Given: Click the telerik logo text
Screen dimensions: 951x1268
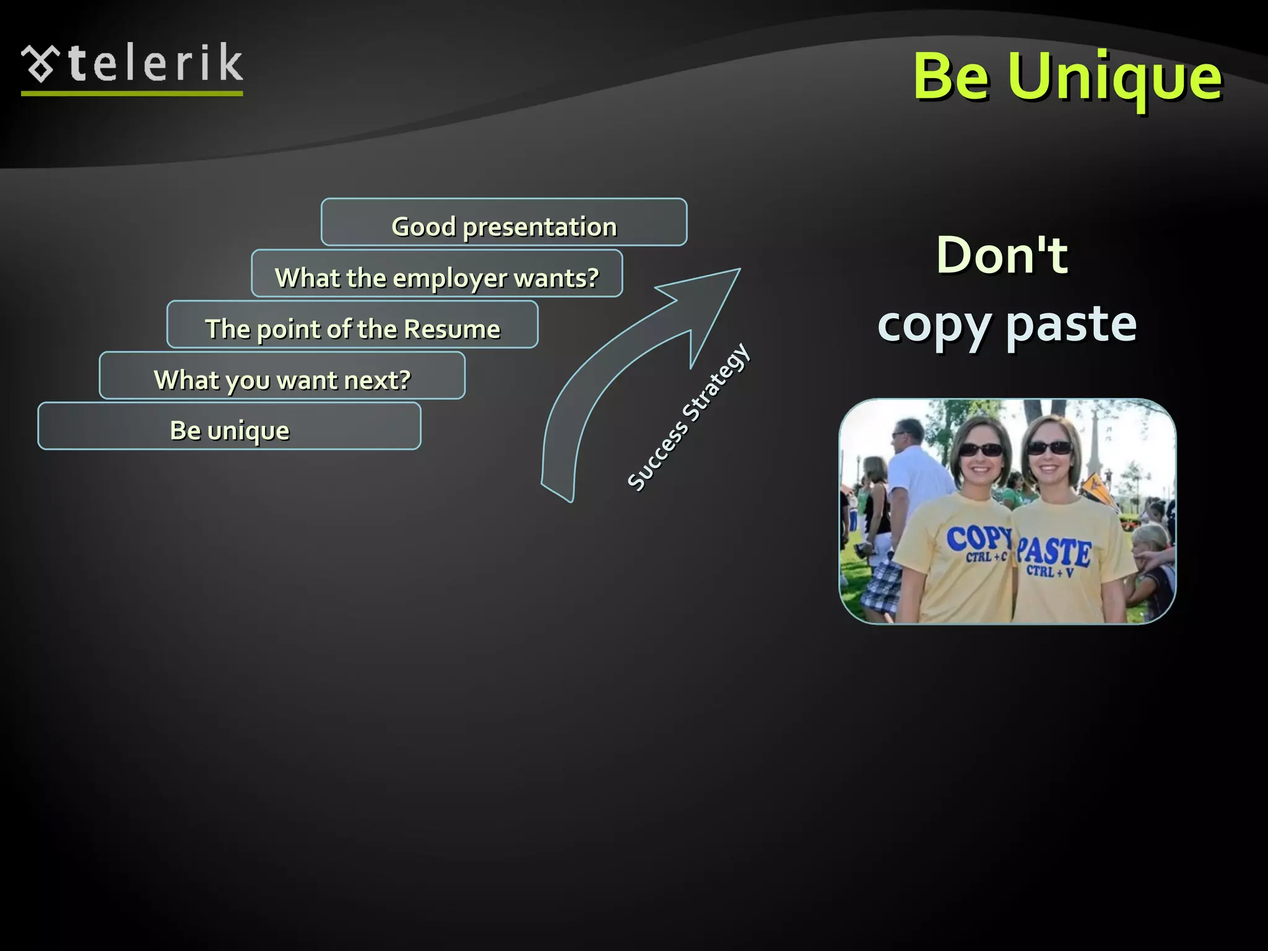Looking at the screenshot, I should [x=155, y=64].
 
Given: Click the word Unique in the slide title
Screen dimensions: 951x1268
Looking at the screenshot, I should [x=1114, y=77].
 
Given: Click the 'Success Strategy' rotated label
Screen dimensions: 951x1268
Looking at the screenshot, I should [x=688, y=417].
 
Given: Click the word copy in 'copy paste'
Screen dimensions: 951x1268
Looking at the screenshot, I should [x=934, y=325].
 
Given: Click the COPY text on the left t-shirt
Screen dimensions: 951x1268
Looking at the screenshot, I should [x=977, y=537].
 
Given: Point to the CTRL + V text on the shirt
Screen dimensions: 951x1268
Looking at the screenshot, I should [x=1050, y=571].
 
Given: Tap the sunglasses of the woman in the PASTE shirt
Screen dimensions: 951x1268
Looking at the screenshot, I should [x=1049, y=447].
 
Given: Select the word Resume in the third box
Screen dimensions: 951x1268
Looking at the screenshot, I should [x=451, y=329].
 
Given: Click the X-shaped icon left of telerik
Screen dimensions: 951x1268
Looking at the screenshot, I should [x=41, y=64].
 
